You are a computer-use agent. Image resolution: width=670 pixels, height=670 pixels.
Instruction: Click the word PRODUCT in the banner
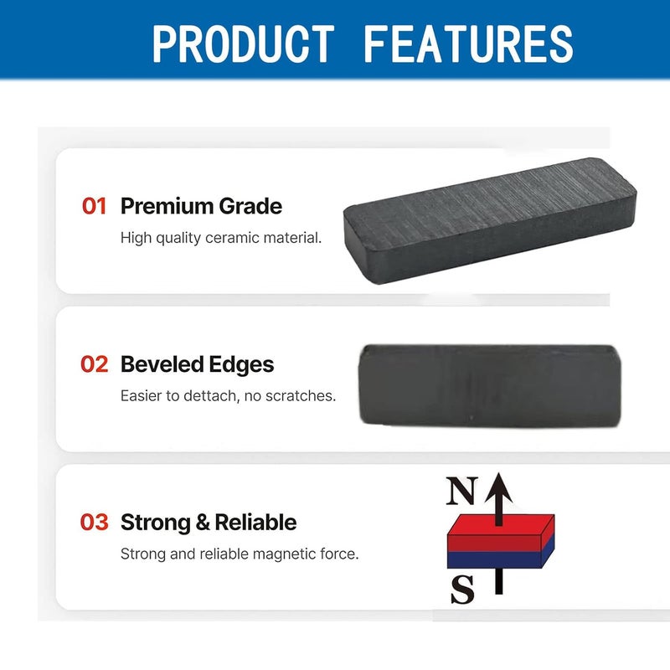[x=243, y=44]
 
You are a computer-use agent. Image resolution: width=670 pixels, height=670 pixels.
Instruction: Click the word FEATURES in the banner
[x=468, y=44]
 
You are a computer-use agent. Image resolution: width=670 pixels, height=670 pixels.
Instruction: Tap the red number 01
[x=94, y=206]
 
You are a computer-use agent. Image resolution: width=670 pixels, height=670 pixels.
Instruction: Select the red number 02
[x=94, y=364]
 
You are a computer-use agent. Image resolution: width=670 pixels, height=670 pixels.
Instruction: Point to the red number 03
[x=94, y=522]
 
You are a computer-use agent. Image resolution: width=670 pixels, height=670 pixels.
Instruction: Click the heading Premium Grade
[x=201, y=206]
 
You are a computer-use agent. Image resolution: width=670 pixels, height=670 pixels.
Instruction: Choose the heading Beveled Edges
[x=197, y=364]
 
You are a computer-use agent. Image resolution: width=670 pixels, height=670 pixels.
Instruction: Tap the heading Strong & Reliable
[x=209, y=523]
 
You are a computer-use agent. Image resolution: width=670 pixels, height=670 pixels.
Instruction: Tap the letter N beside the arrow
[x=462, y=491]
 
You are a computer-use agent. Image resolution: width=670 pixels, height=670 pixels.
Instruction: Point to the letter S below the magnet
[x=463, y=589]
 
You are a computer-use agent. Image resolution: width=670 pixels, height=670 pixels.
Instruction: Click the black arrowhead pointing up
[x=499, y=488]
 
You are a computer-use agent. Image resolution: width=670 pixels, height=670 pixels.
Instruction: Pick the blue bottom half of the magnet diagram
[x=501, y=558]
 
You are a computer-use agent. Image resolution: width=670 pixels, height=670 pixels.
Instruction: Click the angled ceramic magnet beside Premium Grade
[x=490, y=220]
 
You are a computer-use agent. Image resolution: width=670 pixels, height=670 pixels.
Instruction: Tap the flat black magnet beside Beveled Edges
[x=490, y=386]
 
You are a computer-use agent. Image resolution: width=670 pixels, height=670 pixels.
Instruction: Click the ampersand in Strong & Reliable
[x=203, y=523]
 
